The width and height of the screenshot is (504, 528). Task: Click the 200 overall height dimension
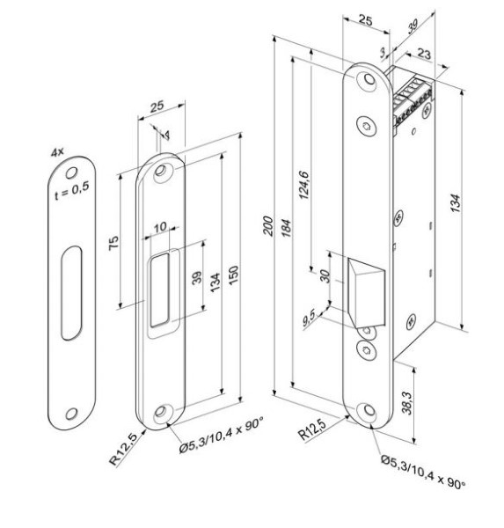[268, 226]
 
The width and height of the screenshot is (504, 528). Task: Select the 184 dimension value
[286, 228]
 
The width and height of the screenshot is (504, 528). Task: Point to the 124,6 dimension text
[303, 185]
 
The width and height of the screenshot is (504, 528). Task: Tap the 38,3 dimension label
[407, 403]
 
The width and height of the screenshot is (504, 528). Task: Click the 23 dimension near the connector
[424, 53]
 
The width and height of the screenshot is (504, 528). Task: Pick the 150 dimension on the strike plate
[233, 275]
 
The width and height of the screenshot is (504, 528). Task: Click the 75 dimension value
[113, 243]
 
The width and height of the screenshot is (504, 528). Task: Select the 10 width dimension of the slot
[160, 227]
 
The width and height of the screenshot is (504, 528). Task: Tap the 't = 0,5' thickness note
[72, 191]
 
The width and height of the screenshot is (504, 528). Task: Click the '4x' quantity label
[57, 152]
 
